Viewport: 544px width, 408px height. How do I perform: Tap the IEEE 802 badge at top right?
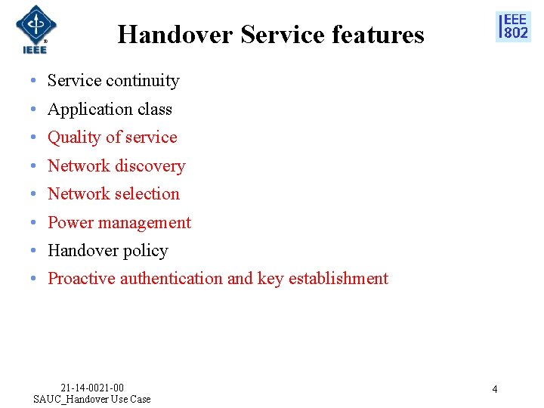(513, 26)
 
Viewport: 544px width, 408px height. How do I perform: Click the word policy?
(147, 251)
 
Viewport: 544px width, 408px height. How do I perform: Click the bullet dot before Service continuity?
(35, 81)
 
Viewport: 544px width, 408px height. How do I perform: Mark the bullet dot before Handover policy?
(35, 251)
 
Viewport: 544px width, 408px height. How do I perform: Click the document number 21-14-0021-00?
(92, 388)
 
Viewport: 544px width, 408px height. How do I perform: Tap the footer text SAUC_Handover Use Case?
(92, 399)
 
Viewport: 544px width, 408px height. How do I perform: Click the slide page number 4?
(494, 389)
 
